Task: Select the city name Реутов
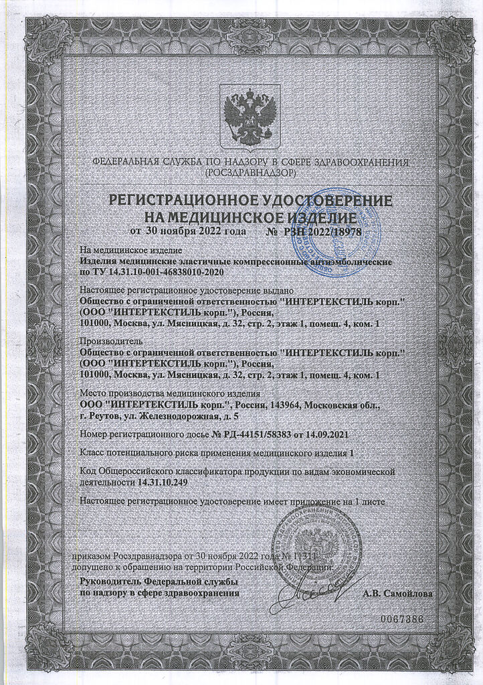tap(105, 416)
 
